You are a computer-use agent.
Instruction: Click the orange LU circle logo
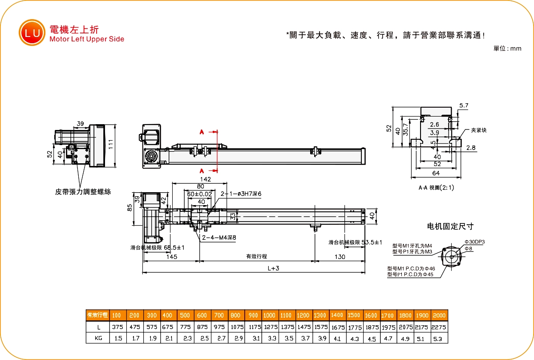tap(32, 32)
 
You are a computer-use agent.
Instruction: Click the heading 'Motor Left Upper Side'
tap(87, 39)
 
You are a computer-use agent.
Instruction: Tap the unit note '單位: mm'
tap(507, 49)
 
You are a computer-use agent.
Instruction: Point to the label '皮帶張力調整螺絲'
tap(83, 192)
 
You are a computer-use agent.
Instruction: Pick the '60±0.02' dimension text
tap(199, 194)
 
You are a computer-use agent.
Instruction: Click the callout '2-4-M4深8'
tap(219, 238)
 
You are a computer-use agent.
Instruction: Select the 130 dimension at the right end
tap(340, 257)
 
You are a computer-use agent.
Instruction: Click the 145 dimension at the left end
tap(171, 257)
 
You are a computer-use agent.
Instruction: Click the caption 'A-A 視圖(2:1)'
tap(436, 188)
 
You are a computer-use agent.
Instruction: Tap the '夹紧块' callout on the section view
tap(478, 130)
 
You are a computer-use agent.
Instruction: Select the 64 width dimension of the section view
tap(436, 173)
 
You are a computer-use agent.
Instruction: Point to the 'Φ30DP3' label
tap(474, 242)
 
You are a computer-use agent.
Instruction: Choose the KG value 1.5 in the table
tap(117, 338)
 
